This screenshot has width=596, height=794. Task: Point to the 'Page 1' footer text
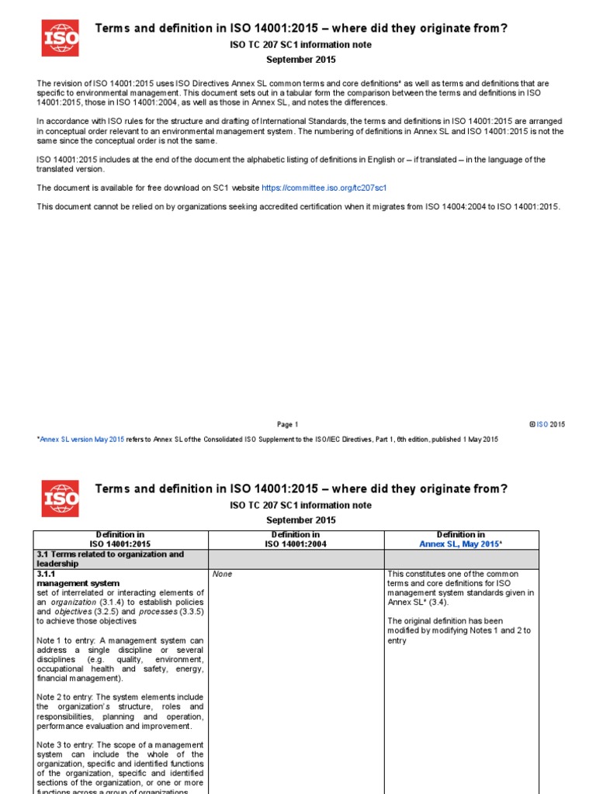(x=287, y=424)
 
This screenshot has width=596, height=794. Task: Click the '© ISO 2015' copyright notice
(x=547, y=424)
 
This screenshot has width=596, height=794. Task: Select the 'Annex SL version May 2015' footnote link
(x=81, y=439)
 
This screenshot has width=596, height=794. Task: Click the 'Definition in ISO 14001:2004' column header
(x=295, y=539)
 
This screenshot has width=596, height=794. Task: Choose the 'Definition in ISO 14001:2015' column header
(x=120, y=539)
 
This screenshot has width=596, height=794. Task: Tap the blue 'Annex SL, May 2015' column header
(x=460, y=544)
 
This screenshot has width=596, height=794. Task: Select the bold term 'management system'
(x=78, y=583)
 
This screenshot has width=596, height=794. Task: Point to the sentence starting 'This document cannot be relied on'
(x=298, y=206)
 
